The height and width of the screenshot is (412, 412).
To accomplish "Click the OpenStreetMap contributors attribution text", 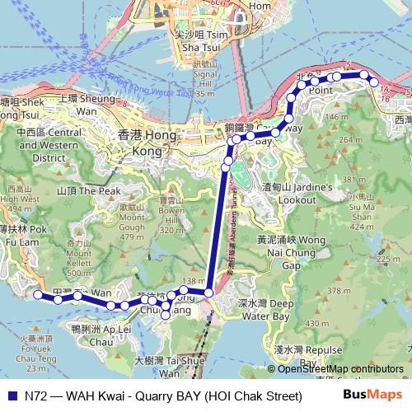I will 338,370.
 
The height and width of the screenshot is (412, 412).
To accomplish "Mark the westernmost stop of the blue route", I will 37,294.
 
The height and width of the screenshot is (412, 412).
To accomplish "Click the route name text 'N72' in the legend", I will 35,396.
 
